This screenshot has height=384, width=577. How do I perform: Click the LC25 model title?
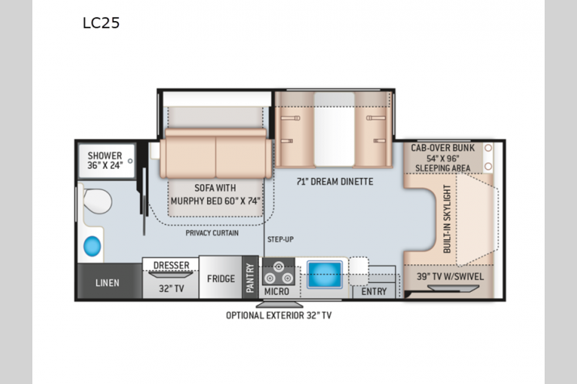pos(101,23)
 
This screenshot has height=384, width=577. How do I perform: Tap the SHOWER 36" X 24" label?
pos(105,161)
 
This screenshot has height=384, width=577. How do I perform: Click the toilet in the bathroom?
pos(96,201)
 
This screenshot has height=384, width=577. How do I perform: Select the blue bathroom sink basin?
pos(92,246)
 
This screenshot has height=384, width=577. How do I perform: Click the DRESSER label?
pos(171,265)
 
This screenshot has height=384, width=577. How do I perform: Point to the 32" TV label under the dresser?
pos(171,289)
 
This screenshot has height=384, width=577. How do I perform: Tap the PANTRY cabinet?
pos(250,277)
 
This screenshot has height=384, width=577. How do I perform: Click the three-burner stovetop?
pos(278,272)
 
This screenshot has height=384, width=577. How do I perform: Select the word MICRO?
pos(276,292)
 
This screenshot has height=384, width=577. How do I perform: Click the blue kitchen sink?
pos(325,275)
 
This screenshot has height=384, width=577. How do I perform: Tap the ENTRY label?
pos(374,292)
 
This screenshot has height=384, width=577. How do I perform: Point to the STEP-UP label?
pos(280,239)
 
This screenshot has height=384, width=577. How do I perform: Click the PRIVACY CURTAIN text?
pos(212,233)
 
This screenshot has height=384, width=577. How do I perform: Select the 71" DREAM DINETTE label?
pos(335,182)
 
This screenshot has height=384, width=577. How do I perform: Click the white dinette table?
pos(334,129)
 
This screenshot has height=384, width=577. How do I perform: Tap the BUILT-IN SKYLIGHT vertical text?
pos(447,218)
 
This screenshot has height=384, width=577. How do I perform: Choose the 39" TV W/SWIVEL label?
pos(450,276)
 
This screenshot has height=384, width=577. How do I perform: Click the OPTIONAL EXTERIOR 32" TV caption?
pos(278,315)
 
